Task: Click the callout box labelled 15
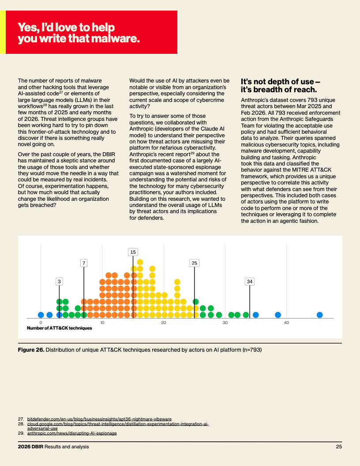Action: click(x=133, y=252)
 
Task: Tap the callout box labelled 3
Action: click(x=59, y=282)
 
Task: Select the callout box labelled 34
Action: click(x=250, y=282)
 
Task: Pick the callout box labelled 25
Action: click(x=194, y=263)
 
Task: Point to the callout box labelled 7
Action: click(x=84, y=263)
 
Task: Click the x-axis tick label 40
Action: click(x=286, y=323)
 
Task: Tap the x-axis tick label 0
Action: click(x=41, y=323)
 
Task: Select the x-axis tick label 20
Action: click(x=164, y=323)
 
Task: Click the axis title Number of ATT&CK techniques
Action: click(x=60, y=328)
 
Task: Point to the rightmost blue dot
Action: click(x=319, y=315)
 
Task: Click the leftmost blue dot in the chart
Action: click(x=41, y=315)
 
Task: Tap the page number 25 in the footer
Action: click(x=339, y=447)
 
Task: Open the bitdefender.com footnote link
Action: click(x=99, y=419)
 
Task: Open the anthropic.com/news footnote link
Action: click(x=72, y=433)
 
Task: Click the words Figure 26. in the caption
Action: click(x=31, y=350)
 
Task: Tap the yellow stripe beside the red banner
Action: click(x=3, y=32)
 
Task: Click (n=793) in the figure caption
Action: click(x=252, y=350)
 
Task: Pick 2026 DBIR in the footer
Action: click(x=30, y=447)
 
